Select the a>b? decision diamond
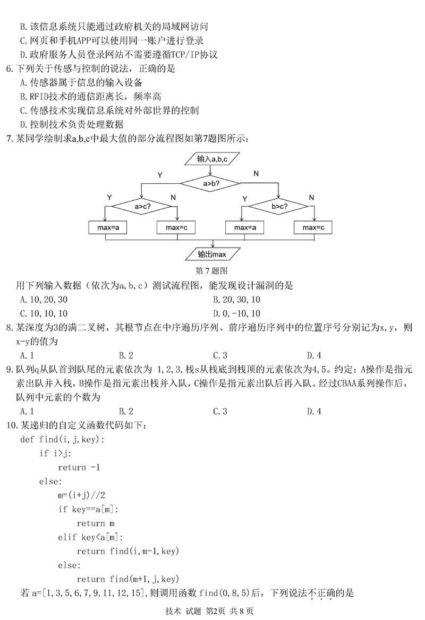click(x=212, y=183)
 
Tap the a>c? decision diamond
click(x=141, y=206)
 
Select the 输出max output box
click(x=212, y=254)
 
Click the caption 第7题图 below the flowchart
click(x=212, y=270)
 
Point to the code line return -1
click(x=79, y=468)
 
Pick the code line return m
click(x=95, y=523)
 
